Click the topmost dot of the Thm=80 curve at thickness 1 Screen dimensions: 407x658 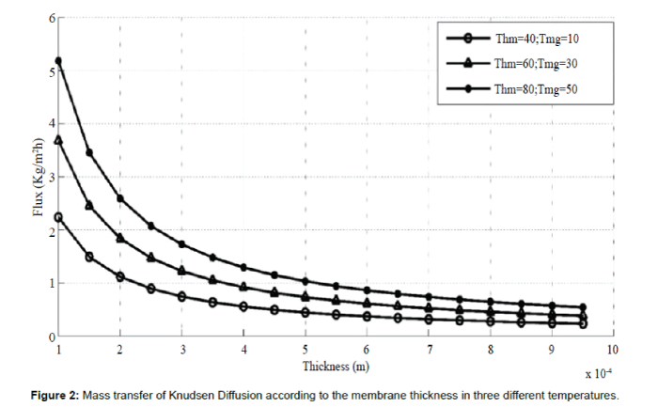pyautogui.click(x=58, y=61)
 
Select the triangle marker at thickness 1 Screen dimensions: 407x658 pyautogui.click(x=58, y=140)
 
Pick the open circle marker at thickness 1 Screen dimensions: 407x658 pyautogui.click(x=58, y=217)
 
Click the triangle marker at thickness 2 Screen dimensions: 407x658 pyautogui.click(x=120, y=238)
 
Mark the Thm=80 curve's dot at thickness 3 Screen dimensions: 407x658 pyautogui.click(x=181, y=244)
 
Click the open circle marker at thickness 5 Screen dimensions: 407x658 pyautogui.click(x=305, y=312)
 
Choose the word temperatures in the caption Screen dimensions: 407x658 pyautogui.click(x=587, y=393)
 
